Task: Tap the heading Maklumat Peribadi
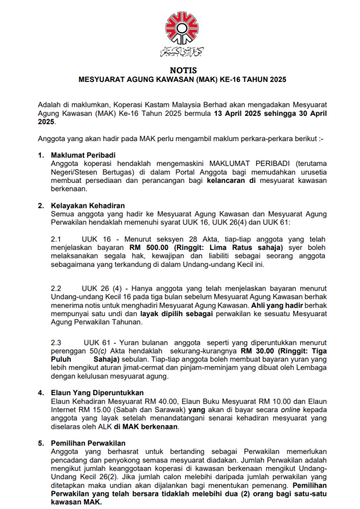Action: pyautogui.click(x=83, y=156)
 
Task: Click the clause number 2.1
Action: pyautogui.click(x=56, y=239)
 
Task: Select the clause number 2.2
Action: pyautogui.click(x=56, y=289)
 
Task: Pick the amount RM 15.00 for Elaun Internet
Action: pyautogui.click(x=87, y=410)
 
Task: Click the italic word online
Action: pyautogui.click(x=275, y=410)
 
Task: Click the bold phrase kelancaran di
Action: pyautogui.click(x=231, y=180)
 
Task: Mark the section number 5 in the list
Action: pyautogui.click(x=41, y=443)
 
